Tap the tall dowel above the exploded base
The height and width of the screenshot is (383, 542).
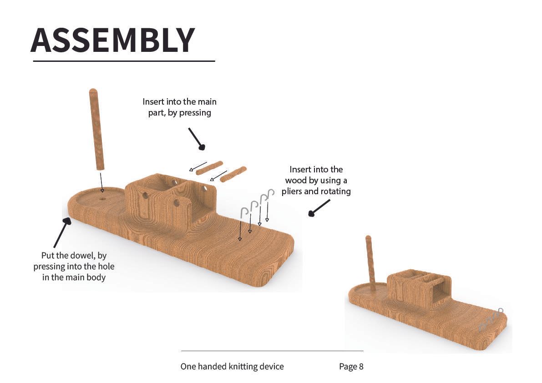click(97, 129)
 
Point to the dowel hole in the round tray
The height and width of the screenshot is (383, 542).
click(102, 199)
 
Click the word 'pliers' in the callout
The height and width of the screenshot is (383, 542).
click(293, 191)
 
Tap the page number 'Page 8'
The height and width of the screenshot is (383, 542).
click(351, 367)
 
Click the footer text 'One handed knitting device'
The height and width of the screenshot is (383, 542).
click(232, 367)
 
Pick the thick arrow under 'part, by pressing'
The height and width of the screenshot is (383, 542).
click(196, 138)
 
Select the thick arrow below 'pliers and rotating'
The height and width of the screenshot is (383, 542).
click(319, 208)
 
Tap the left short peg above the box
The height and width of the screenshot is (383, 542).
click(209, 167)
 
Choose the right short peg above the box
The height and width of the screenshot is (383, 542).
click(233, 174)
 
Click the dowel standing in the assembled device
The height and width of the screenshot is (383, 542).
click(370, 263)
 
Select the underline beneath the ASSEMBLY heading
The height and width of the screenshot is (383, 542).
click(124, 61)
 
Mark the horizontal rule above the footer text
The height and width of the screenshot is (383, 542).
click(273, 351)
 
